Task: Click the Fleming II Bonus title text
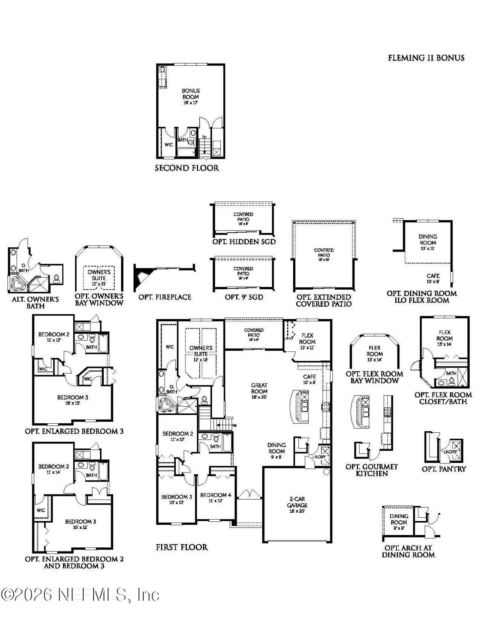426,58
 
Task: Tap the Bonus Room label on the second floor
191,94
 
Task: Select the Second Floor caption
187,168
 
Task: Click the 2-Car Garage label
297,502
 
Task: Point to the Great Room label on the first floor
259,388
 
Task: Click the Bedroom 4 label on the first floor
213,495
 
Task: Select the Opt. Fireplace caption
165,297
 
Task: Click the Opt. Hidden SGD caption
244,242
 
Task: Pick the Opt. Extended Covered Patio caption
324,301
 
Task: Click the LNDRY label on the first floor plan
319,457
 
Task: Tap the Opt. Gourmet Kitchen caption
371,470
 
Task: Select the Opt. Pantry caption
443,469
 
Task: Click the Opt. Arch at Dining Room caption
408,551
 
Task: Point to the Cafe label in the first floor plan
309,377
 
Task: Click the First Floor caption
182,547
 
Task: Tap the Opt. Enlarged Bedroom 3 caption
74,431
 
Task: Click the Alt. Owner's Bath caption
35,303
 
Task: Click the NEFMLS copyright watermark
80,595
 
